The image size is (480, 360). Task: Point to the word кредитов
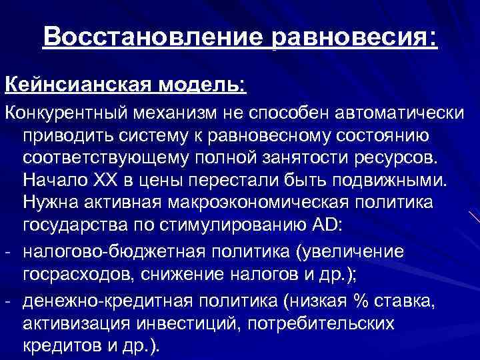[61, 347]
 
